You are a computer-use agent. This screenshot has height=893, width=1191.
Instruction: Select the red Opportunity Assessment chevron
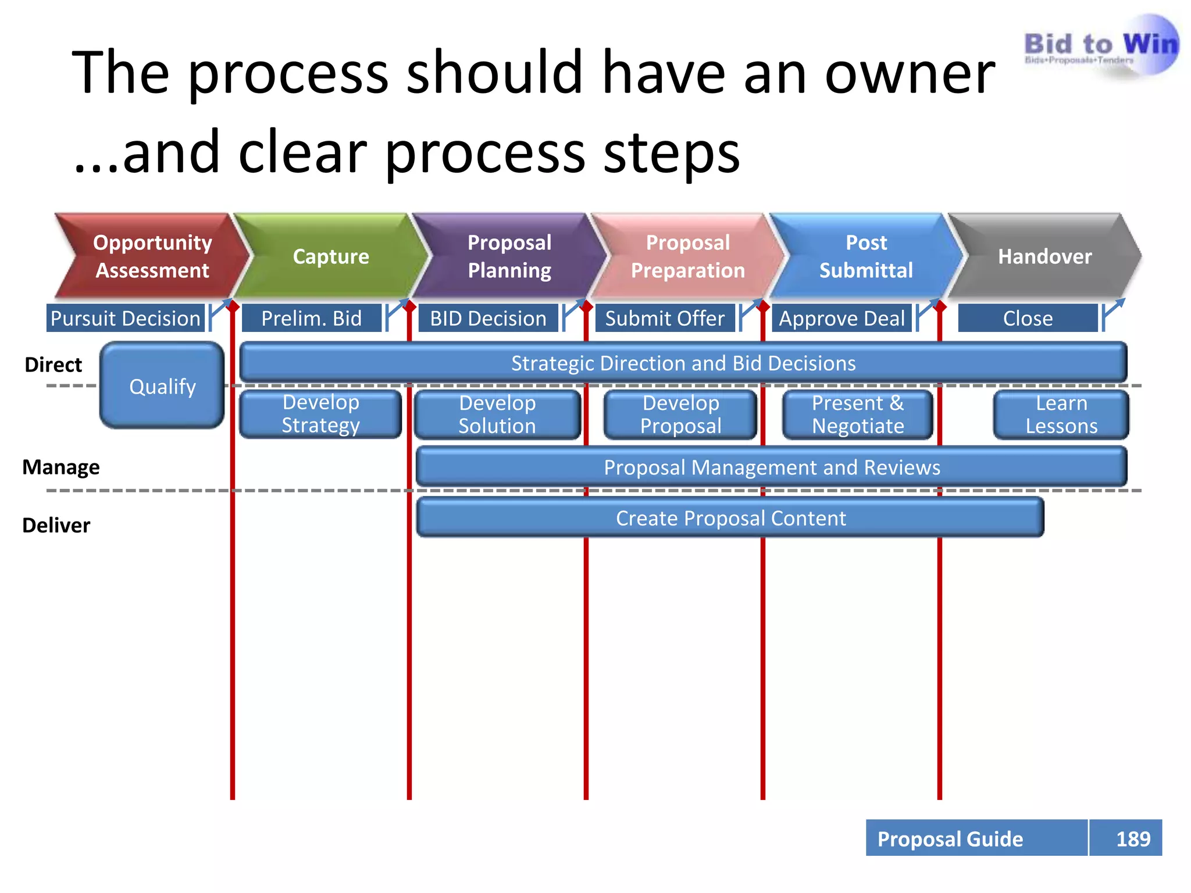[x=152, y=256]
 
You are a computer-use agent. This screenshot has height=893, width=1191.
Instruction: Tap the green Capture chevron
[x=331, y=256]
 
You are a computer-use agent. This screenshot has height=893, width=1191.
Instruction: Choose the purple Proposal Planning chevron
[x=509, y=256]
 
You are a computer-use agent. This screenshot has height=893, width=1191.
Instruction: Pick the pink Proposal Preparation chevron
[x=688, y=256]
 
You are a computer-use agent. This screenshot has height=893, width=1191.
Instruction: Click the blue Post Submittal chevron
[x=866, y=256]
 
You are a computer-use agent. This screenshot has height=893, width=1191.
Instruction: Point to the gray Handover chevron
[x=1044, y=256]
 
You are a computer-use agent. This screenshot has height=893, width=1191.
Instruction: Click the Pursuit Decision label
[x=126, y=318]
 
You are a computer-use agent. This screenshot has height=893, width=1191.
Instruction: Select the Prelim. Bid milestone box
[x=312, y=318]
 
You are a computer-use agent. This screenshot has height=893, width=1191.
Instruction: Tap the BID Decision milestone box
[x=488, y=318]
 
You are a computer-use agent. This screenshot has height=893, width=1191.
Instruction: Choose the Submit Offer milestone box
[x=665, y=318]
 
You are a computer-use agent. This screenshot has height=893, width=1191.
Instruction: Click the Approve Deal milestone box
[x=841, y=318]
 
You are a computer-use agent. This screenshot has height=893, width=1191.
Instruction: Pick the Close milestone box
[x=1028, y=318]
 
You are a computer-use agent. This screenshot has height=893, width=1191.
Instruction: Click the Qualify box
[x=162, y=386]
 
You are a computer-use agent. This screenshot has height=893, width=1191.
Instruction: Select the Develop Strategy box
[x=320, y=414]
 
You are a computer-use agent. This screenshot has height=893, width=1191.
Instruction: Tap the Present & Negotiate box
[x=858, y=415]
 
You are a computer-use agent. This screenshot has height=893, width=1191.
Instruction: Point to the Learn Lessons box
[x=1061, y=415]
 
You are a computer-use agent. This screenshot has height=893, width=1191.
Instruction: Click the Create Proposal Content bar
[x=730, y=518]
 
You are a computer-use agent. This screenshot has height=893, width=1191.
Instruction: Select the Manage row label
[x=61, y=467]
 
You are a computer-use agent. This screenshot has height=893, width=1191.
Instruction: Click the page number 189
[x=1132, y=838]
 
